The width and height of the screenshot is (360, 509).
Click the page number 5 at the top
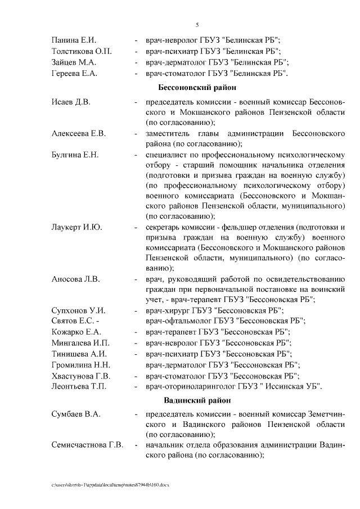[x=197, y=24]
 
